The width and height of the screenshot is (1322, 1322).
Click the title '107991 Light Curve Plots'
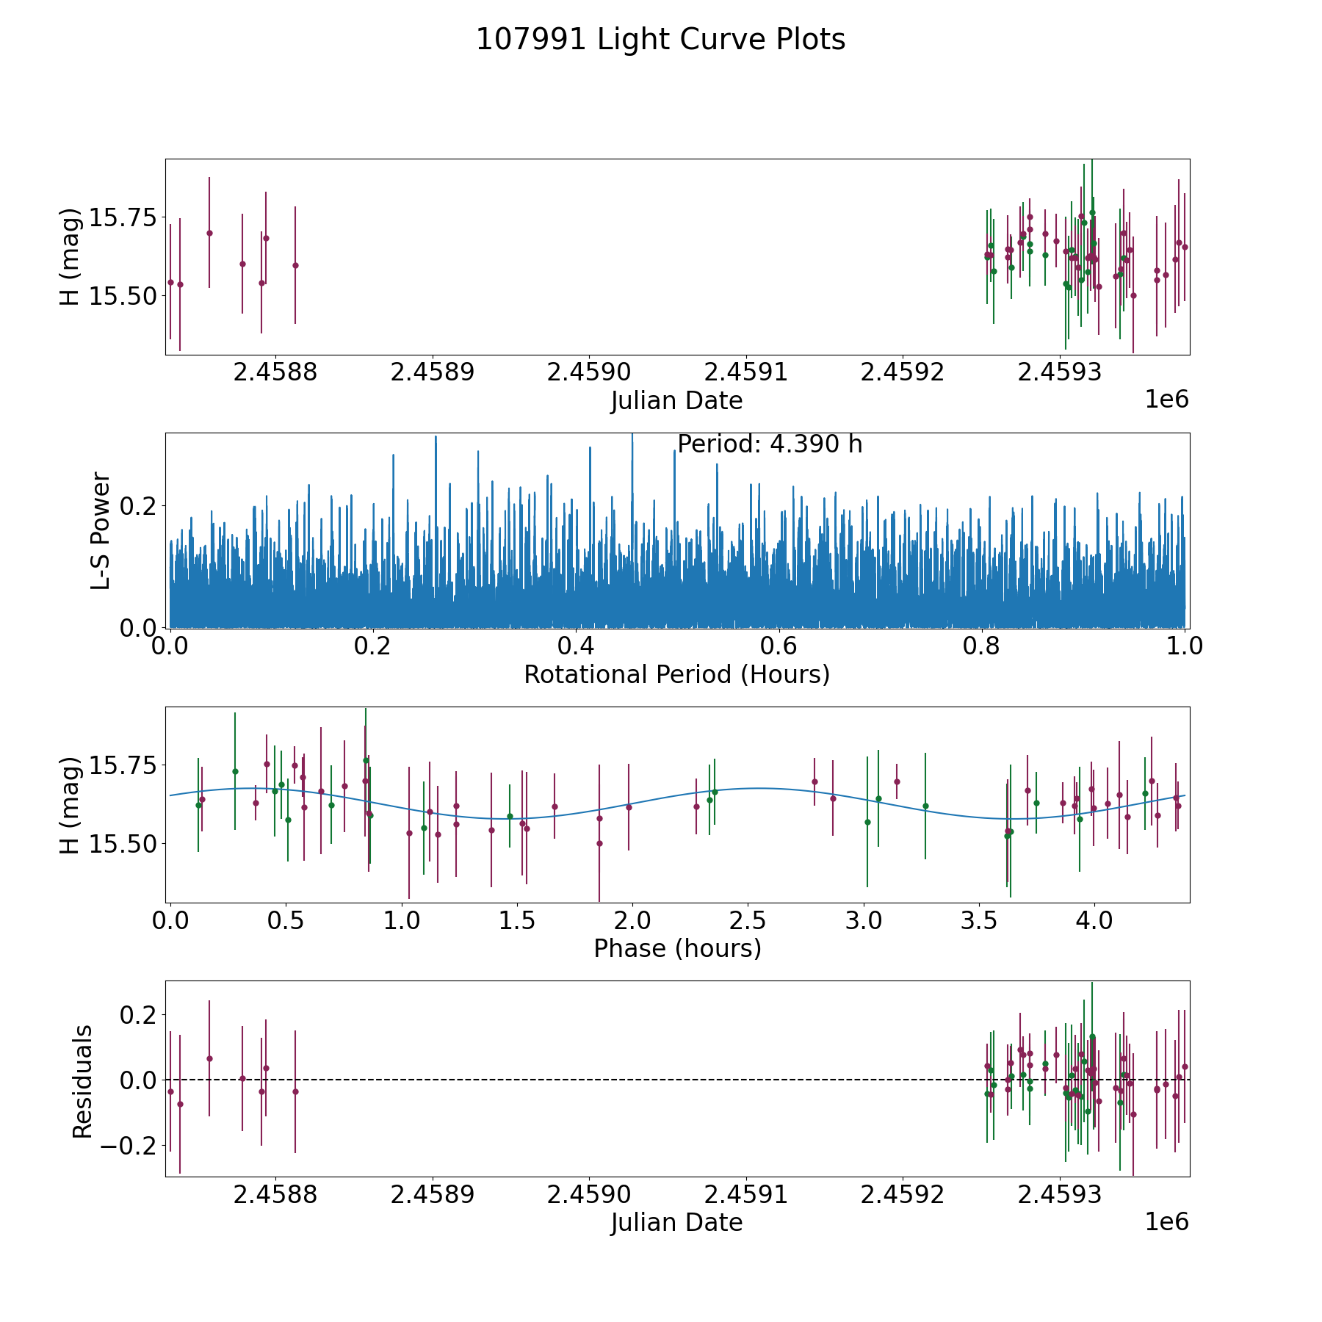[x=660, y=40]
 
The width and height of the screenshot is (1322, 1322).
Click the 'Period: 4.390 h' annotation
[x=769, y=444]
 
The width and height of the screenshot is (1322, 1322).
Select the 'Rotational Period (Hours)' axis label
[x=676, y=674]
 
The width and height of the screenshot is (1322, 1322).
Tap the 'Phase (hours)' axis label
[x=676, y=948]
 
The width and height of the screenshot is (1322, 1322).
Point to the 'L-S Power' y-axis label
[x=101, y=530]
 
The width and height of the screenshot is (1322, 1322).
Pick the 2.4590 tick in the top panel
[x=589, y=372]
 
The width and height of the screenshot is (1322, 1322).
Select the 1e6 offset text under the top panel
[x=1166, y=400]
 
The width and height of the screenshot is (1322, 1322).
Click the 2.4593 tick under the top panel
[x=1059, y=372]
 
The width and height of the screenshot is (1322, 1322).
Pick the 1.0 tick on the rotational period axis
[x=1185, y=646]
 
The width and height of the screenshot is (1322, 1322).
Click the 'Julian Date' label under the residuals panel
[x=676, y=1222]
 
